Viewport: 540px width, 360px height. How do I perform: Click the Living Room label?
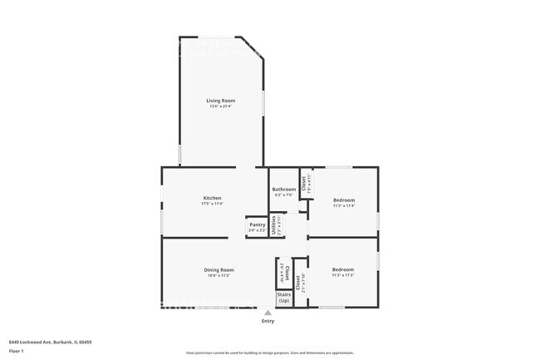[221, 101]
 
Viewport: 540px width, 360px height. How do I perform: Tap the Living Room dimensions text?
[221, 106]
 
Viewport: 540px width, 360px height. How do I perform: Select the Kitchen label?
[212, 198]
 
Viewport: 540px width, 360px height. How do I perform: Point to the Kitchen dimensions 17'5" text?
[212, 204]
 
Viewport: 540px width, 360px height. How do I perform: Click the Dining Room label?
[219, 269]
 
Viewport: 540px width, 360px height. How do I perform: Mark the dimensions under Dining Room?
[219, 275]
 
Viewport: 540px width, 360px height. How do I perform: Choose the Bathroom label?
[283, 190]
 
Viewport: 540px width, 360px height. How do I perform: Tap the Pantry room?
[257, 226]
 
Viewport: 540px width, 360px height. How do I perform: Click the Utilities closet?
[275, 225]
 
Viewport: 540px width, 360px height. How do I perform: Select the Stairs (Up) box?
[284, 297]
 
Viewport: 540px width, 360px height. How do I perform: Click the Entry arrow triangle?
[268, 313]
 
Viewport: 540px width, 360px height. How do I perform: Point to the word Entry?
[268, 321]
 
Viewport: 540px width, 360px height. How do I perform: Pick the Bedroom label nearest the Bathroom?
[344, 200]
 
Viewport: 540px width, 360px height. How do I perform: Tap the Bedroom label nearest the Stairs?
[343, 269]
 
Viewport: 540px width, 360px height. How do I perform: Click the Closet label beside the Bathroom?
[304, 184]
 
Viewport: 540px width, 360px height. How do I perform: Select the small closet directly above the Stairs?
[283, 272]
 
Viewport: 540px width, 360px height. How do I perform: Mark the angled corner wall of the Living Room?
[252, 47]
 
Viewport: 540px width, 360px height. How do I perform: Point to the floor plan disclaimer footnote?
[269, 353]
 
